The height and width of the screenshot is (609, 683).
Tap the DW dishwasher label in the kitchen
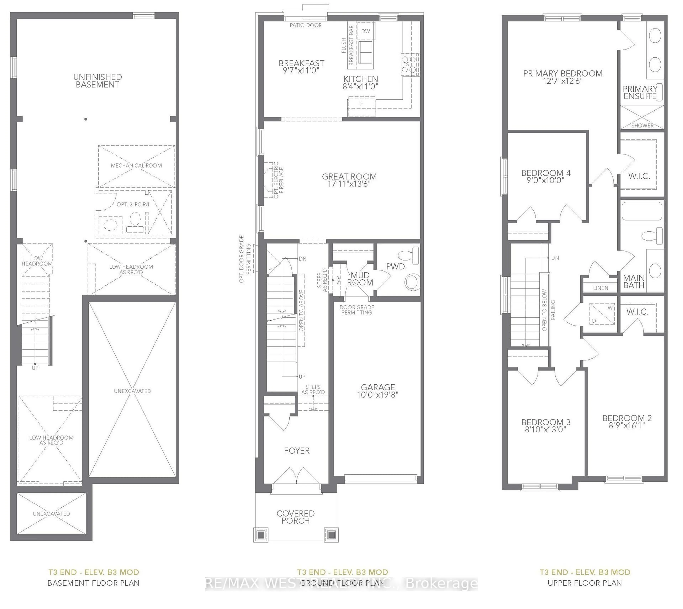[x=366, y=31]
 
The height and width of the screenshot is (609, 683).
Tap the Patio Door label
[x=306, y=25]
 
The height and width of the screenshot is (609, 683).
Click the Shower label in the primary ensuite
[x=642, y=125]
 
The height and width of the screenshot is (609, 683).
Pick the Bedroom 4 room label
[x=546, y=173]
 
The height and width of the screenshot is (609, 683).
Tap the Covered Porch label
[x=295, y=517]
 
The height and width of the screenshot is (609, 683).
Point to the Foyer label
[x=297, y=451]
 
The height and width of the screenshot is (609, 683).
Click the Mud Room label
[x=360, y=279]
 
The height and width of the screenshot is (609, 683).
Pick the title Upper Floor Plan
[x=585, y=583]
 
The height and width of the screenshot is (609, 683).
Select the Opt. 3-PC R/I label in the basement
[x=133, y=204]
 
